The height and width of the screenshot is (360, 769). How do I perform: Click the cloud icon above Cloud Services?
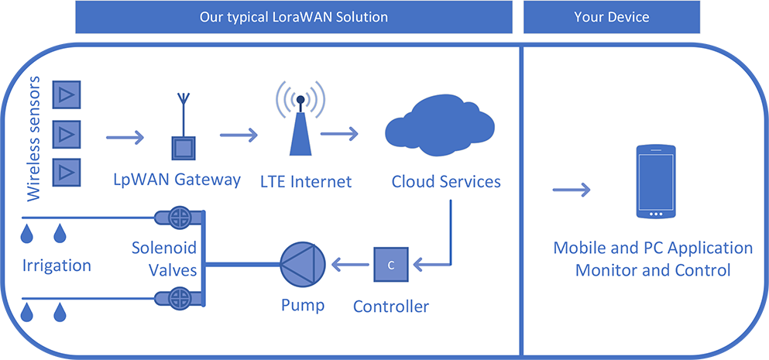point(438,126)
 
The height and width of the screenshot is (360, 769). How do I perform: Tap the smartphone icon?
point(656,181)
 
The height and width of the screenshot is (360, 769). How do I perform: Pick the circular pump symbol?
point(303,266)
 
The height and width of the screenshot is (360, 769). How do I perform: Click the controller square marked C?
point(391,265)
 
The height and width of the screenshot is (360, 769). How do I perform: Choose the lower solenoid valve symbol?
point(179,297)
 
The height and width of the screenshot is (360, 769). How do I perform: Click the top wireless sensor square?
point(66,94)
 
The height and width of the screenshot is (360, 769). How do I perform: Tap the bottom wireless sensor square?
point(66,172)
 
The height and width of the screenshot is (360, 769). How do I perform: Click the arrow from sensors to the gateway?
point(125,138)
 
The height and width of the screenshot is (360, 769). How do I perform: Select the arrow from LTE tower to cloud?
point(339,133)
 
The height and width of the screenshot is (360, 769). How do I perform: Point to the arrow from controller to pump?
point(351,266)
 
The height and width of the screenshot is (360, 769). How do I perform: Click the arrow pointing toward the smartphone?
point(572,190)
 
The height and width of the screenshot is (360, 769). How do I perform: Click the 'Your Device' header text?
point(612,17)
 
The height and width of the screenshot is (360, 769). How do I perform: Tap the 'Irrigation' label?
point(57,266)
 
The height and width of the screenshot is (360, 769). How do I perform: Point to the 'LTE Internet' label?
point(307,182)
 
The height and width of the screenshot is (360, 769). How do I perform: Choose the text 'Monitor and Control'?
point(654,270)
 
